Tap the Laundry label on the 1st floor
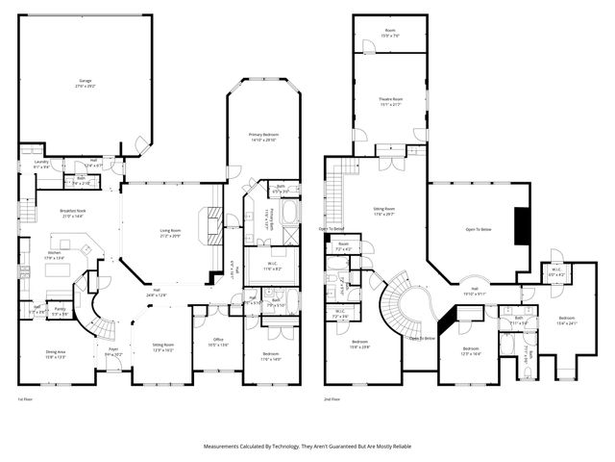pos(41,164)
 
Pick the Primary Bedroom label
pos(262,137)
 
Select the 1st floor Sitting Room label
pos(163,346)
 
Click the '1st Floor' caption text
pos(25,398)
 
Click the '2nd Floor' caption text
pos(332,398)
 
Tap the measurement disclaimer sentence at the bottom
pos(307,447)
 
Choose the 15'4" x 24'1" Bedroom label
pos(567,320)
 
